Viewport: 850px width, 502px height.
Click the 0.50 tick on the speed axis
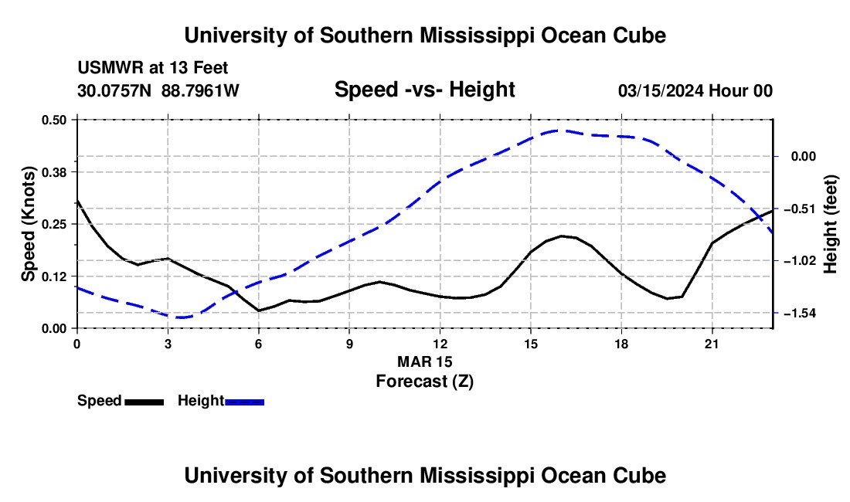(x=53, y=120)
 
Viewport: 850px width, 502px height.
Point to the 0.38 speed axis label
(x=53, y=172)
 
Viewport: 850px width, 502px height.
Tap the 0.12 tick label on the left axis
(x=53, y=276)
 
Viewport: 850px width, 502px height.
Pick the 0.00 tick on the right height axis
(x=804, y=157)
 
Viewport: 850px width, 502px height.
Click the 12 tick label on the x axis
(x=440, y=344)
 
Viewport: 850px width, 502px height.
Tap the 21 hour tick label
(x=712, y=344)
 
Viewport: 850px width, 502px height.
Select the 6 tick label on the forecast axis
(x=259, y=344)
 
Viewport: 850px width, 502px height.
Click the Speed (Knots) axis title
(x=28, y=224)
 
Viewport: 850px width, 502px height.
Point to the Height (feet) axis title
(x=831, y=224)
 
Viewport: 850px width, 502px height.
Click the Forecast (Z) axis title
(x=425, y=382)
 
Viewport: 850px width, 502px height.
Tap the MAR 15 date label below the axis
(x=425, y=361)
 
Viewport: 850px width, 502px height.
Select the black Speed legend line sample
(x=144, y=402)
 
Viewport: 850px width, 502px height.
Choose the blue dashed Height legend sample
(x=244, y=402)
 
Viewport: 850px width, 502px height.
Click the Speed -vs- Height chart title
(x=425, y=90)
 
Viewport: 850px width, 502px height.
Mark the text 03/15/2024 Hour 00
(x=695, y=90)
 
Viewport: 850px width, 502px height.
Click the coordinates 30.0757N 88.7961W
(x=158, y=90)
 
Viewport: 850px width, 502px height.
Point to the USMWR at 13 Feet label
(x=153, y=68)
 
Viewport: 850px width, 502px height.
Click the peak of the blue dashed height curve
(x=560, y=131)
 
